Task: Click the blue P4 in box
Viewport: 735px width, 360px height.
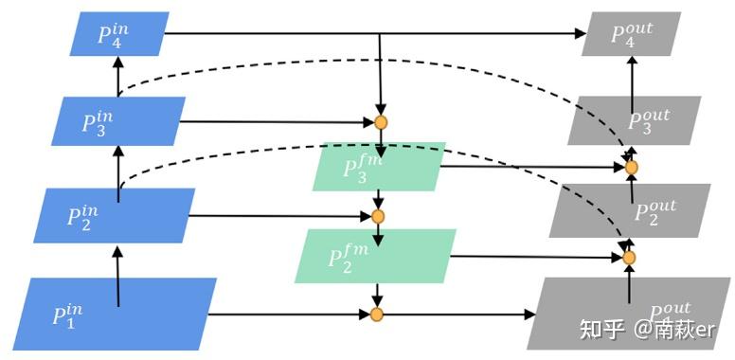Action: point(118,34)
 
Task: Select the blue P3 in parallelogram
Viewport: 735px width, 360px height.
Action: point(117,120)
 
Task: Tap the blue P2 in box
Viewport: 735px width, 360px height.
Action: point(115,215)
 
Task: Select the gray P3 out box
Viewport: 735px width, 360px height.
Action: point(635,120)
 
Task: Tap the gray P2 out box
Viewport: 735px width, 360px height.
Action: point(630,209)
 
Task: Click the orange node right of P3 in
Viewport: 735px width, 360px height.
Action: point(381,122)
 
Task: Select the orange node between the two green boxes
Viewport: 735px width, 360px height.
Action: point(378,216)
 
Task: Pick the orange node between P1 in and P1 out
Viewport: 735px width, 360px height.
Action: point(376,314)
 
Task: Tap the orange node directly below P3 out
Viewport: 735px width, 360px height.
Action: point(632,167)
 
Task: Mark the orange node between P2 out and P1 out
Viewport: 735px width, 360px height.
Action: point(628,257)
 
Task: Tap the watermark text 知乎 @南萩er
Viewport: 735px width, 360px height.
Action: point(646,329)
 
